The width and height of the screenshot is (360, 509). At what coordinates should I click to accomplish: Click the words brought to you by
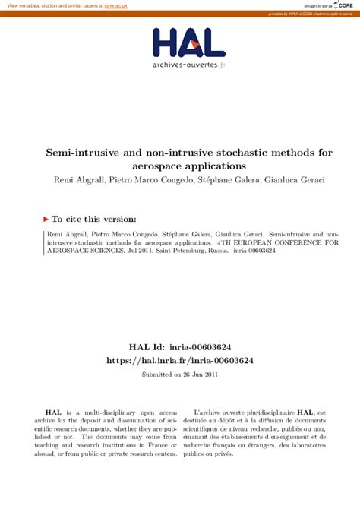[315, 5]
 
